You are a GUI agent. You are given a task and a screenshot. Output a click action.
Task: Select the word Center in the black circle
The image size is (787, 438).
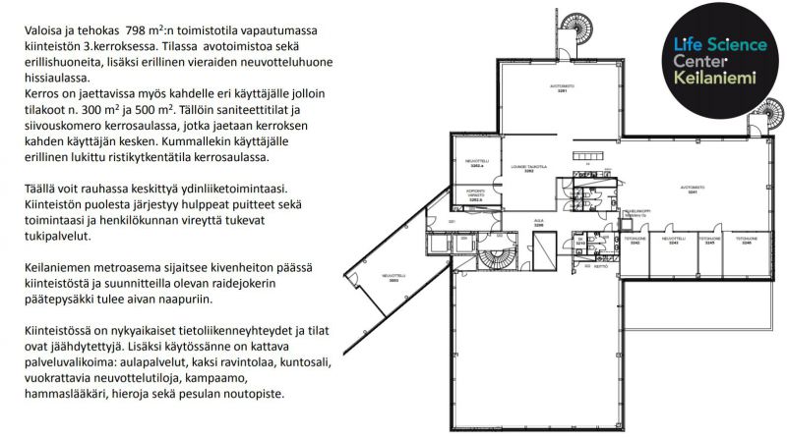pos(698,61)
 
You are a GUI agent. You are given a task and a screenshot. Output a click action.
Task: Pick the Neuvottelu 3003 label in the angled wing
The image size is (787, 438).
pos(393,277)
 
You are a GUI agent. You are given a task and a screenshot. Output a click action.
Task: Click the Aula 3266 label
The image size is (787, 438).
pos(538,223)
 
